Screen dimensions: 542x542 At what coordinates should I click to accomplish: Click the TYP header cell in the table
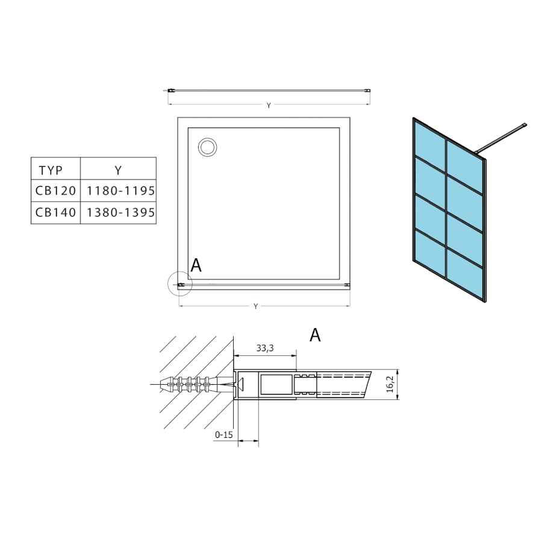(51, 170)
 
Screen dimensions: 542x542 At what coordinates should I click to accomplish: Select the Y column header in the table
(118, 170)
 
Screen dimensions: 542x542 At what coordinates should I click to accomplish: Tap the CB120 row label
(55, 190)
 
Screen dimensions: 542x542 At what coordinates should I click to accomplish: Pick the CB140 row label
(55, 212)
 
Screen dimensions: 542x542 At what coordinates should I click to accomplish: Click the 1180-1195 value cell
(120, 190)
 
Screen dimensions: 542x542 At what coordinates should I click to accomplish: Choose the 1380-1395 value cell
(120, 212)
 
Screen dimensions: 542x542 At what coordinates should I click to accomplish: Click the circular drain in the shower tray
(207, 148)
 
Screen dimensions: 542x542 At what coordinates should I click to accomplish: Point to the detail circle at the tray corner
(179, 284)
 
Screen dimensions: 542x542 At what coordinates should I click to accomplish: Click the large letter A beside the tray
(196, 265)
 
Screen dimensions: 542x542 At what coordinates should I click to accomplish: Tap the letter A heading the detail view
(315, 335)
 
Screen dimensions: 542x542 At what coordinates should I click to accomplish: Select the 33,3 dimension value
(265, 348)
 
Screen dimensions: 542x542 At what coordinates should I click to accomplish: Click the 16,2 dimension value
(390, 384)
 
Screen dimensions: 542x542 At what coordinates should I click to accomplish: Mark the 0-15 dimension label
(224, 434)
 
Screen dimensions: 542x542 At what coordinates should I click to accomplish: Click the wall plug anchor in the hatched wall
(195, 384)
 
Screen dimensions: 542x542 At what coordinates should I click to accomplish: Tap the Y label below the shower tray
(256, 307)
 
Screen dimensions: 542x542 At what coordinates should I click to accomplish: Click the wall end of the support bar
(525, 125)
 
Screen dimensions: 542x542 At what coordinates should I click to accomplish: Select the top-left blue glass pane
(429, 142)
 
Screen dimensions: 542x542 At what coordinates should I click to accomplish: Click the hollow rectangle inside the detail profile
(276, 384)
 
